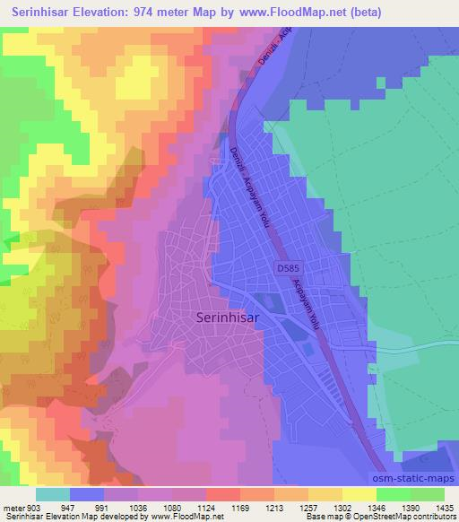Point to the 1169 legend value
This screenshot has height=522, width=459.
point(241,507)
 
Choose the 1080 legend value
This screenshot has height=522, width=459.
point(174,507)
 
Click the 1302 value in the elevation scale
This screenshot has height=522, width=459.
point(343,507)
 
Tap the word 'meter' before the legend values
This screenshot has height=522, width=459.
point(12,507)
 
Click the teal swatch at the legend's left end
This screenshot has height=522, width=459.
point(52,494)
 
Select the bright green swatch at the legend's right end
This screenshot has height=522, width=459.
point(427,494)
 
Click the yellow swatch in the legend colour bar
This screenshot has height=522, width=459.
point(359,494)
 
